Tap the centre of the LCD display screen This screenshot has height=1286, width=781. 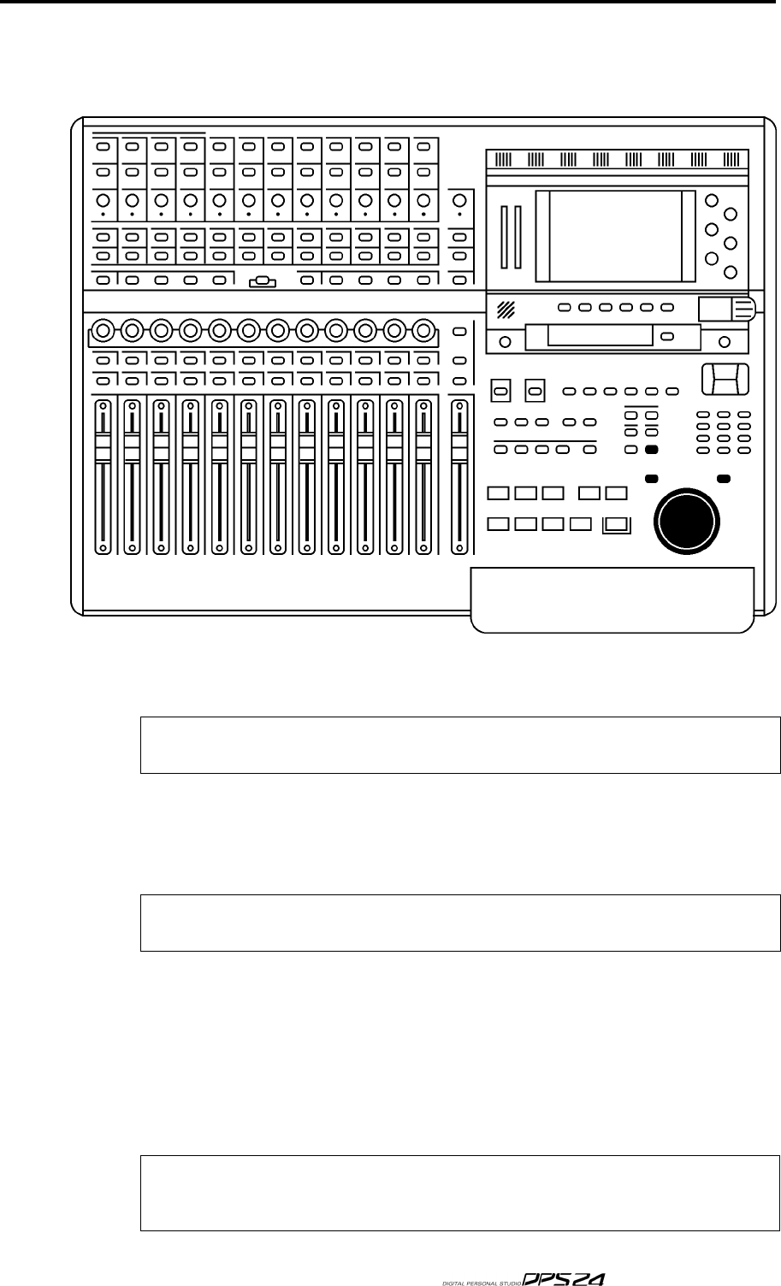[614, 236]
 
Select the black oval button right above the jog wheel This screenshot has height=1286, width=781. [724, 478]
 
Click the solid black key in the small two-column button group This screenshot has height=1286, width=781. [652, 450]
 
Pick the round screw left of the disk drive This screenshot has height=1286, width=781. [505, 342]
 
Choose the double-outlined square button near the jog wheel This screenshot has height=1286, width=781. [616, 525]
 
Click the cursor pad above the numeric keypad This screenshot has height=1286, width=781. [724, 379]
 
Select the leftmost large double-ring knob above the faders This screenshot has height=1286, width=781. [103, 329]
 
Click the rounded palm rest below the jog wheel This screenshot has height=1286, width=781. [613, 599]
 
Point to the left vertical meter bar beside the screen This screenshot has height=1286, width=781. [505, 236]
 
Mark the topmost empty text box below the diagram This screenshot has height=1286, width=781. [460, 745]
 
